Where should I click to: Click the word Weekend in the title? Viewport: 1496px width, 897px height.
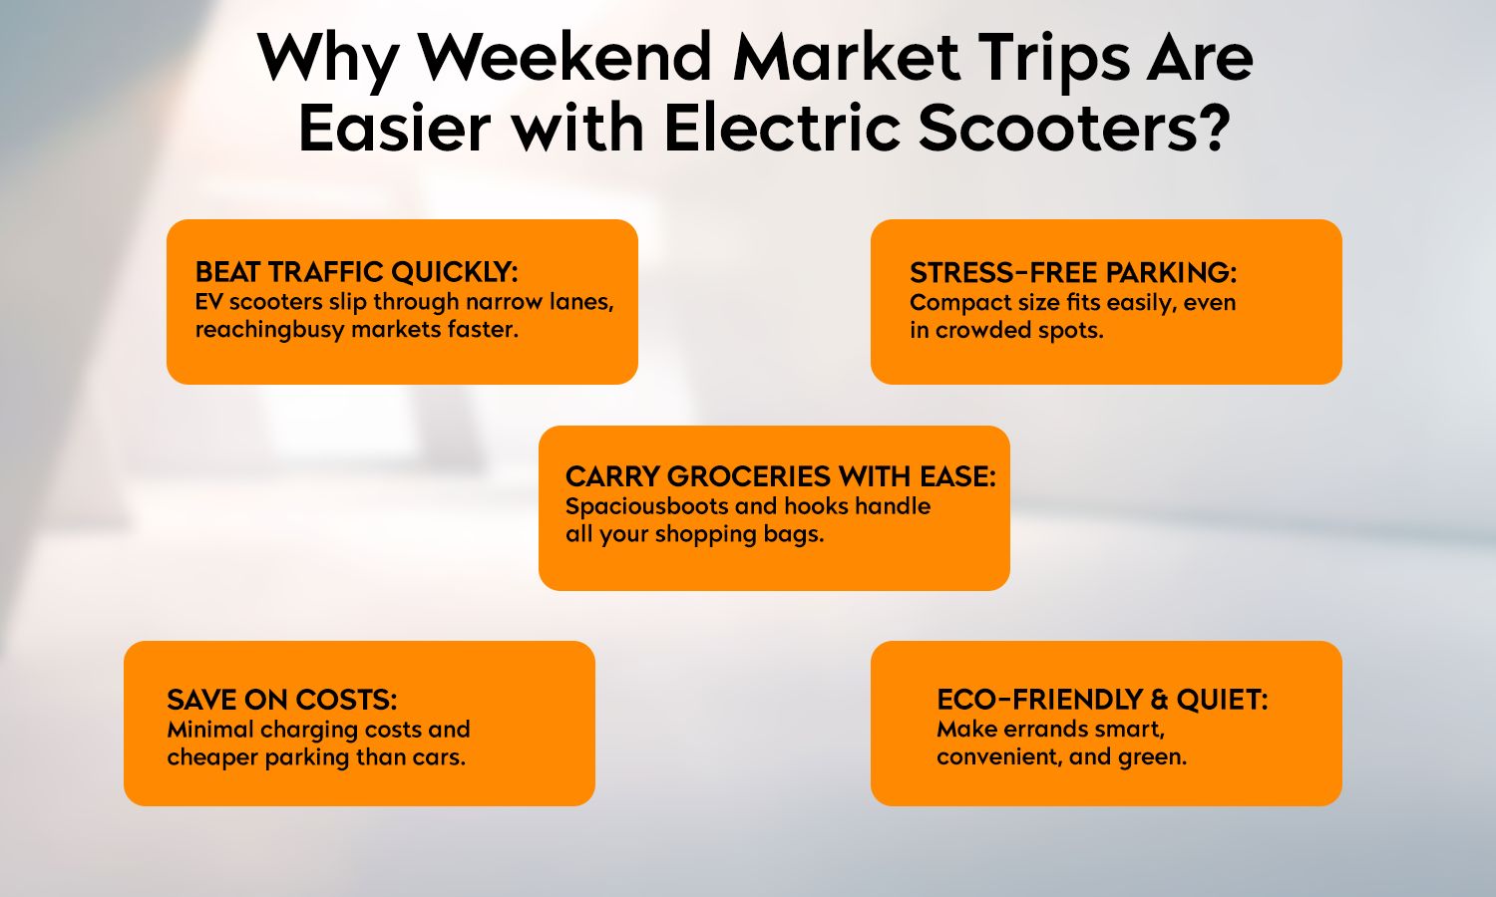[x=565, y=58]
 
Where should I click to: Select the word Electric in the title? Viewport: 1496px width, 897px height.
[x=781, y=129]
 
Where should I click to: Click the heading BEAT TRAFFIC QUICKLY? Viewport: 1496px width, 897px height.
[x=356, y=272]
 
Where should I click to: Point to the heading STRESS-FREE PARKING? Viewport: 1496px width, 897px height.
[x=1072, y=273]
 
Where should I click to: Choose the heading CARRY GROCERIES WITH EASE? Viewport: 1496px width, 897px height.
[x=780, y=476]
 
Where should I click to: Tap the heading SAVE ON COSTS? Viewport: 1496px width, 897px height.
[x=281, y=699]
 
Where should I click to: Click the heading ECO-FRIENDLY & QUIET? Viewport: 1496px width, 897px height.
[x=1101, y=699]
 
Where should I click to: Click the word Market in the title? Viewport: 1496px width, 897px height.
[x=846, y=58]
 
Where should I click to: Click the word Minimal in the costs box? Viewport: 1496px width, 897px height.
[x=210, y=729]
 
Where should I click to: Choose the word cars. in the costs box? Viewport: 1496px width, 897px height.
[x=439, y=756]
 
